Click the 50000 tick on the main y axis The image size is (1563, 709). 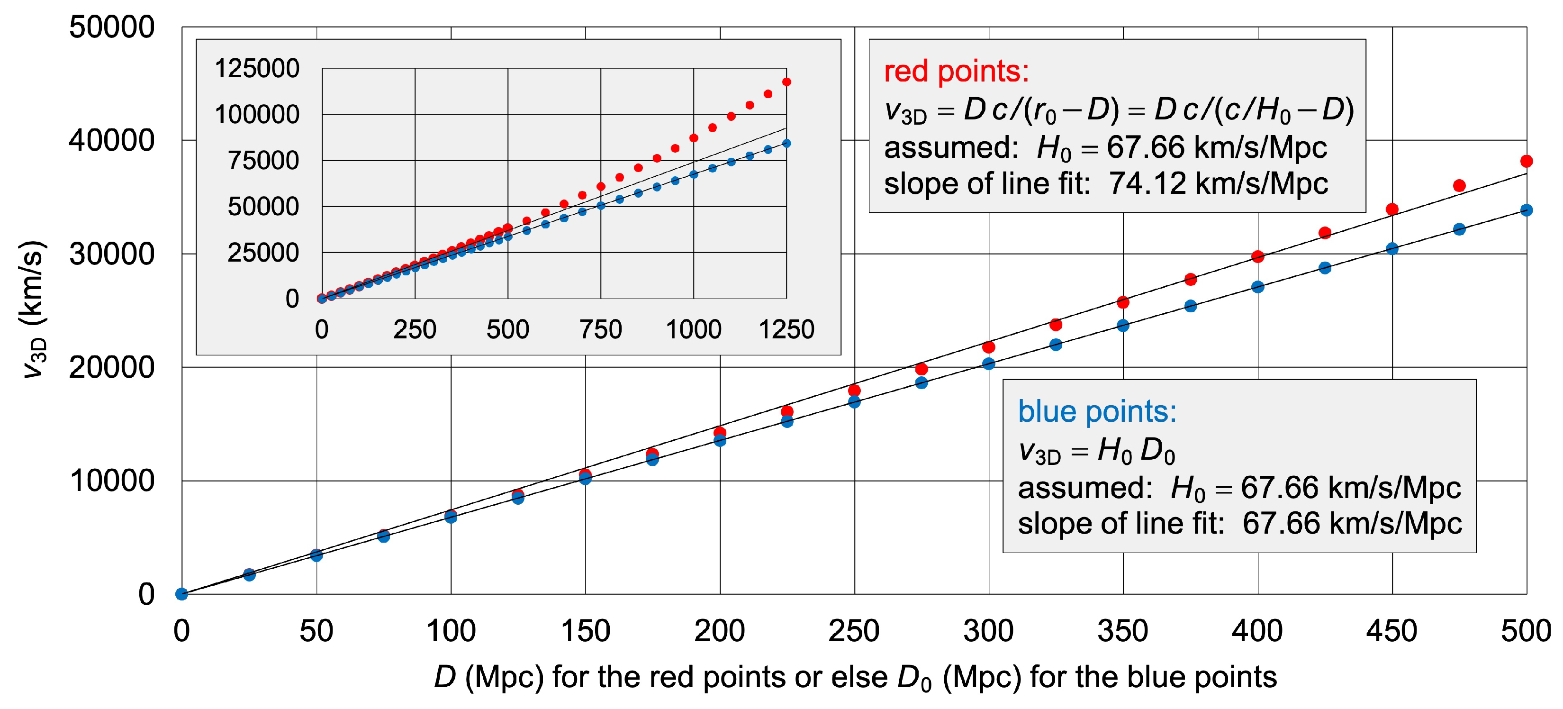click(112, 27)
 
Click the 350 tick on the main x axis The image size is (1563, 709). click(1122, 631)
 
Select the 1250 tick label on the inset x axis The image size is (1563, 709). click(786, 329)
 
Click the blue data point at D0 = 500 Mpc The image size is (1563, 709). click(1527, 210)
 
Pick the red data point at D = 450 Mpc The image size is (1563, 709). click(1392, 209)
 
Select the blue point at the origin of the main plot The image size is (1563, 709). click(181, 594)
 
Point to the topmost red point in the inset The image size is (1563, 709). click(786, 82)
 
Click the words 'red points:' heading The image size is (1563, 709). click(956, 72)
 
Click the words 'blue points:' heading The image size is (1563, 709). click(1097, 411)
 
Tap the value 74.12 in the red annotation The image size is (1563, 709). click(1147, 183)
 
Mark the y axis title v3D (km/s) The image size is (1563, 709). click(33, 309)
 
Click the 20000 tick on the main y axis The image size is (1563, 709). click(112, 367)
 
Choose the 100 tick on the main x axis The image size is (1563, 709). click(451, 631)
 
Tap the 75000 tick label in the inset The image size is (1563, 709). click(263, 160)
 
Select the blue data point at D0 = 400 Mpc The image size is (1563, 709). click(1258, 287)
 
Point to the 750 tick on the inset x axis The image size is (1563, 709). click(601, 329)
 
